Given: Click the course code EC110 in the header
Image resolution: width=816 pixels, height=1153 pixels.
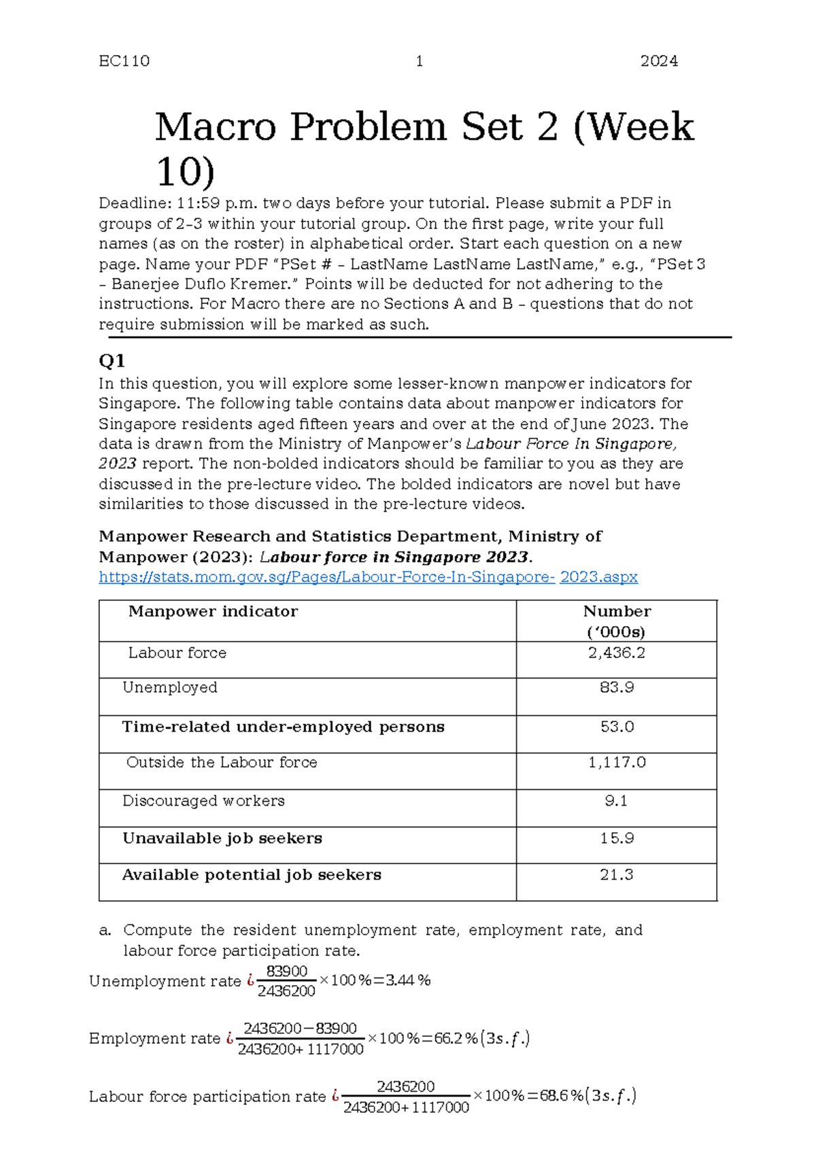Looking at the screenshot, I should click(124, 61).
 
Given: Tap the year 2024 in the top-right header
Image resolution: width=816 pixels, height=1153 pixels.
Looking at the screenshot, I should click(658, 61).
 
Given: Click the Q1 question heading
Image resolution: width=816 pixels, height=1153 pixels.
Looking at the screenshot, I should click(112, 360).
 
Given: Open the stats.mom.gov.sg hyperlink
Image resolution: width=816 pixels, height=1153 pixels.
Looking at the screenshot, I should click(368, 576).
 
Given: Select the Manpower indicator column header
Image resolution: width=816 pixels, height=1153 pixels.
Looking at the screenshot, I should click(213, 611).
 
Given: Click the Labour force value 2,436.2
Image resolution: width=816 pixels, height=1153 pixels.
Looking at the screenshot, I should click(616, 653).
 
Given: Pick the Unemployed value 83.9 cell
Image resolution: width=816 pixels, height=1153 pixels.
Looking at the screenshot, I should click(616, 687).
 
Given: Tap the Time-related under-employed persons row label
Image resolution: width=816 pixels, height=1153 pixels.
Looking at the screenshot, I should click(283, 727).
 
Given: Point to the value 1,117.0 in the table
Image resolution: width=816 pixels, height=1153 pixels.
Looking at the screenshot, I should click(616, 762).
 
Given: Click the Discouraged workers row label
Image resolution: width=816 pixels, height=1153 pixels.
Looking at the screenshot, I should click(203, 801).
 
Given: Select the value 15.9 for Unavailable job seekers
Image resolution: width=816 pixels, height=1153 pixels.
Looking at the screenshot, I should click(616, 838).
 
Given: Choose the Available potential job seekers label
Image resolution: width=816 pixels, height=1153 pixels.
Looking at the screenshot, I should click(252, 875).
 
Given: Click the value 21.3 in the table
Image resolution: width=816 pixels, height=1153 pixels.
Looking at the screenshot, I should click(616, 875).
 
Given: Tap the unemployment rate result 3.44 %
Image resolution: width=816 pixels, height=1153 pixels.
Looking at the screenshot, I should click(407, 980).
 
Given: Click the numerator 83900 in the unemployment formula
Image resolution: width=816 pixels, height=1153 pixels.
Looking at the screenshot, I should click(286, 971).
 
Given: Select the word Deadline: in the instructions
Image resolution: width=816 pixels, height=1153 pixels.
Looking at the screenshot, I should click(135, 203).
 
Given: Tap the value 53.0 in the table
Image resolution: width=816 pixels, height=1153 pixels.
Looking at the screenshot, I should click(616, 727).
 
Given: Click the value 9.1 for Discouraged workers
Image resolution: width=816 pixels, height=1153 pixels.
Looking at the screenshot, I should click(616, 801).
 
